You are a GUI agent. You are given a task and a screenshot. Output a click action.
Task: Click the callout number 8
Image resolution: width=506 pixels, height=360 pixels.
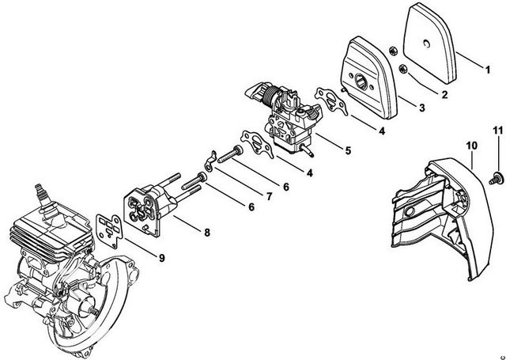[206, 233]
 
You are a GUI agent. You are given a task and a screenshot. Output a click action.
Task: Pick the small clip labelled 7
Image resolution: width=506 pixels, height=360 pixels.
[202, 161]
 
